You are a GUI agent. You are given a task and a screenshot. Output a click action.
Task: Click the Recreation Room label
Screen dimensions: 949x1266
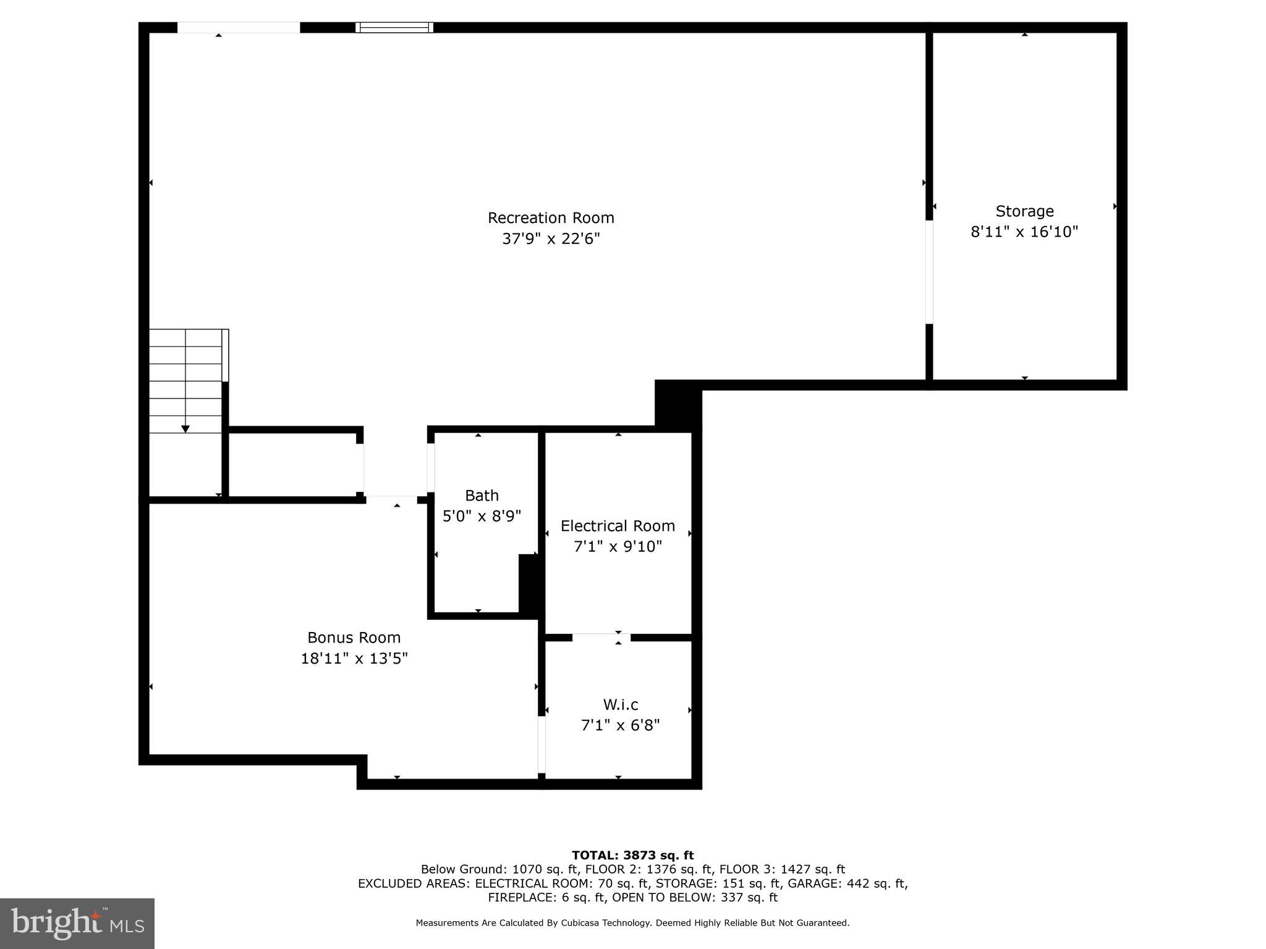(x=551, y=217)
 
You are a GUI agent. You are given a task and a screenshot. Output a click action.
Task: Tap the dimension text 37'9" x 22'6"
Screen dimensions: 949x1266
(x=551, y=238)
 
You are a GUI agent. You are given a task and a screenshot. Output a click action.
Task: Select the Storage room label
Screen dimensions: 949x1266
(x=1024, y=211)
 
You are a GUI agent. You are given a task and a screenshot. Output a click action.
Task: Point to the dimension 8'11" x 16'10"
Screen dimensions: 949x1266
(x=1024, y=232)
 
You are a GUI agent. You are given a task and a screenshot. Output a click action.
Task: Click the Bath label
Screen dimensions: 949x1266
(x=482, y=496)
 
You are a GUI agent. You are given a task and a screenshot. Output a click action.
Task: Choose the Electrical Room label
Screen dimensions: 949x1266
(x=618, y=526)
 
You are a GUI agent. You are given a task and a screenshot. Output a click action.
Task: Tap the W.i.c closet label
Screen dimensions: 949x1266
(x=620, y=704)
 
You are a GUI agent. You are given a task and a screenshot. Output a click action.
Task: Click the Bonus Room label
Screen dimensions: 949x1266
(x=354, y=638)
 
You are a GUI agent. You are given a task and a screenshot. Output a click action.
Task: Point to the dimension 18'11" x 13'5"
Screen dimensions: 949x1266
(x=354, y=659)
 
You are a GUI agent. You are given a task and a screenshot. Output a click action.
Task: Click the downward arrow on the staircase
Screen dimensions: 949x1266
(x=185, y=428)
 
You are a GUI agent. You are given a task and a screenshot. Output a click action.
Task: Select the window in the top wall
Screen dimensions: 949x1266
(x=394, y=27)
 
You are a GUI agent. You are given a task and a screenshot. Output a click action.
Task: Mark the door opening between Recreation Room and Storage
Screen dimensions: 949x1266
(x=928, y=272)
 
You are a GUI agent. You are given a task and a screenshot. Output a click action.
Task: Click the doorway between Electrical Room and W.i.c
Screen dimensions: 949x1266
(x=601, y=637)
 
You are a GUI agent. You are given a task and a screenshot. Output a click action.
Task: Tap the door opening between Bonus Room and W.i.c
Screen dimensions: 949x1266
(x=542, y=744)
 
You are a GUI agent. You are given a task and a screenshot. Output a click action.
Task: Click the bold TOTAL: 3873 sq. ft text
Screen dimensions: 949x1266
(x=632, y=855)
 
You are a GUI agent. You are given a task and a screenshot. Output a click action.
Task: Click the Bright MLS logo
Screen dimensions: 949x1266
(x=77, y=923)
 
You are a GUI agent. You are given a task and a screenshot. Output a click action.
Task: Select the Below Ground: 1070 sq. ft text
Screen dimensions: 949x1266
(x=496, y=869)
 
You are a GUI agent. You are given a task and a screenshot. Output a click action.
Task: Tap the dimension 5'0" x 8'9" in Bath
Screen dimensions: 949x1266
(x=482, y=516)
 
